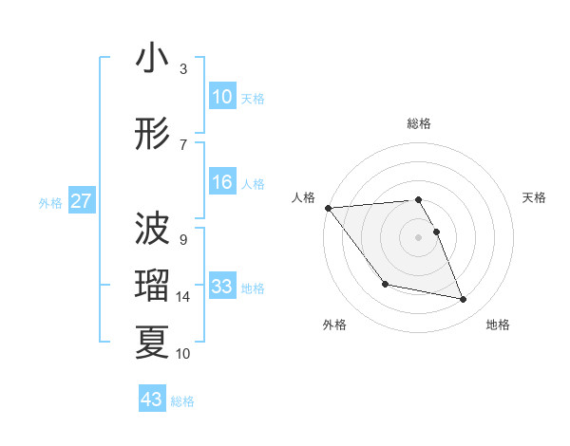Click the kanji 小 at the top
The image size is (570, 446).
(152, 60)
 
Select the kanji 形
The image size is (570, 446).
(152, 135)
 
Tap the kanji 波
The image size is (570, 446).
(152, 228)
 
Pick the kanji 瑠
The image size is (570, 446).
(152, 286)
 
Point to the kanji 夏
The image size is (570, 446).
(152, 343)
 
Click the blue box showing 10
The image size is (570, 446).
(222, 97)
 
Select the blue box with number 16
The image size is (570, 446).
(222, 182)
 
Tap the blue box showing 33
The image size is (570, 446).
(222, 287)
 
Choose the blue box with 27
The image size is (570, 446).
(82, 201)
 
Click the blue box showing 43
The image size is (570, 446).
(152, 400)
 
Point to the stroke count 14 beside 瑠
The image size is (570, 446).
(184, 297)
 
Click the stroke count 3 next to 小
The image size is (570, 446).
(183, 69)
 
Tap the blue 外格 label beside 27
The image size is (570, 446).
(50, 202)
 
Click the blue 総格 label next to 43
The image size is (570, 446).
(182, 400)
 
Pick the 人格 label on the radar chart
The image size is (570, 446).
(303, 197)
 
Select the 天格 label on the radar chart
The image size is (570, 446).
(535, 197)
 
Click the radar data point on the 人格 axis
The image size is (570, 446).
(328, 208)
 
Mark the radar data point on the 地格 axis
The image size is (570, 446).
(464, 300)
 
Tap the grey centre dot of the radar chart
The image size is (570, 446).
(418, 236)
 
